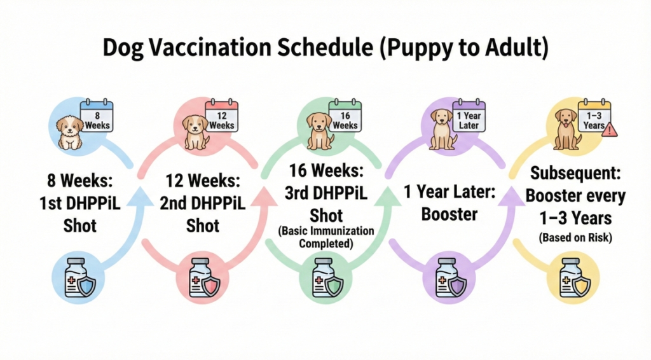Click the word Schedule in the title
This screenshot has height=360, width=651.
(325, 47)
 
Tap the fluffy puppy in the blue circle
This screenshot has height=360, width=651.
(70, 132)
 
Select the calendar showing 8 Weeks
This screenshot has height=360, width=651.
(97, 115)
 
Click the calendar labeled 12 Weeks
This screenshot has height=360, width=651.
(222, 115)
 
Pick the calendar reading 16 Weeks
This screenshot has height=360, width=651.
(345, 115)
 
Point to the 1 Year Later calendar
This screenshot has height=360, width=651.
(469, 115)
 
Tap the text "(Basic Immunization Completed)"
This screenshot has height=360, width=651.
(326, 237)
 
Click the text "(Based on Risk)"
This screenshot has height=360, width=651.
(575, 238)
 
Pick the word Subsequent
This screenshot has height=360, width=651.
(575, 174)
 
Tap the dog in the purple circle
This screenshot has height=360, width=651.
(442, 129)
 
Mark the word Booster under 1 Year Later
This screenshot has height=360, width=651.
(449, 214)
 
